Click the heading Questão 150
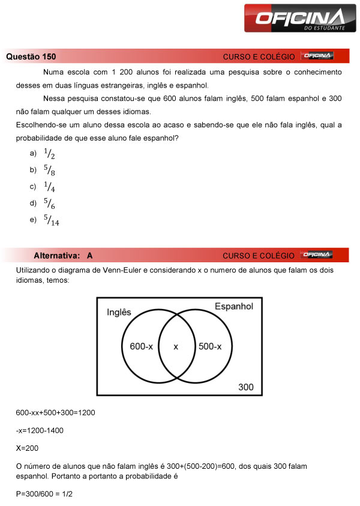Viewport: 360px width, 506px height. pyautogui.click(x=31, y=57)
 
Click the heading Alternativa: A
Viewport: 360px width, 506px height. pyautogui.click(x=63, y=256)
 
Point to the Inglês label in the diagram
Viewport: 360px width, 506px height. pyautogui.click(x=119, y=312)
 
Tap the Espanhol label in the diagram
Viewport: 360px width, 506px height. pyautogui.click(x=233, y=307)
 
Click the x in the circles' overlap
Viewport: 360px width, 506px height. pyautogui.click(x=176, y=346)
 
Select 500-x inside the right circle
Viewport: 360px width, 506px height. pyautogui.click(x=210, y=346)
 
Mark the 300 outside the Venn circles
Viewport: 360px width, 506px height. pyautogui.click(x=246, y=387)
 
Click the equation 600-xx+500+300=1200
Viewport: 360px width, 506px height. pyautogui.click(x=55, y=413)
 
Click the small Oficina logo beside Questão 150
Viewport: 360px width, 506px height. pyautogui.click(x=317, y=56)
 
